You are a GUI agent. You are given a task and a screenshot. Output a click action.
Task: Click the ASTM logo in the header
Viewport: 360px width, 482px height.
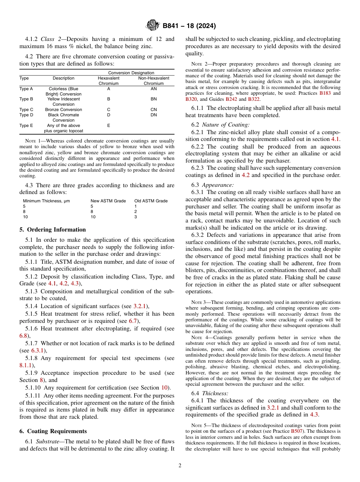pos(153,26)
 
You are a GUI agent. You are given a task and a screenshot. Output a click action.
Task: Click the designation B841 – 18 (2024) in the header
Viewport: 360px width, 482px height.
pos(189,26)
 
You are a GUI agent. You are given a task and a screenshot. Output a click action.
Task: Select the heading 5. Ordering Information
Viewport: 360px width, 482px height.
pos(53,230)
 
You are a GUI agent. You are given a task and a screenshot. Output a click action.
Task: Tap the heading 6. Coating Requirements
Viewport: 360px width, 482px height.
pos(53,431)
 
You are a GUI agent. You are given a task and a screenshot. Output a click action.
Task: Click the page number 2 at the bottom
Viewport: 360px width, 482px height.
pos(180,466)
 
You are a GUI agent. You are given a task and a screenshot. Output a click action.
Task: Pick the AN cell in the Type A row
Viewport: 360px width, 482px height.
pos(153,89)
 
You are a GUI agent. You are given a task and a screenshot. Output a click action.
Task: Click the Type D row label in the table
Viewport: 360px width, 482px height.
pos(26,115)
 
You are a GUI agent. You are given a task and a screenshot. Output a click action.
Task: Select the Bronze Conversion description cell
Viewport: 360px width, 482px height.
pos(63,110)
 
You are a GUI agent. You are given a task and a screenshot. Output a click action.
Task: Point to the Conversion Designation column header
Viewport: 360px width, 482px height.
pos(131,73)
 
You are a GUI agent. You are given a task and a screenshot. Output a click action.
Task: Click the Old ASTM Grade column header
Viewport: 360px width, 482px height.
pos(151,201)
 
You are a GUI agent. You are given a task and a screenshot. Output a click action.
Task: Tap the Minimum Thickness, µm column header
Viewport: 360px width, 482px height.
pos(46,201)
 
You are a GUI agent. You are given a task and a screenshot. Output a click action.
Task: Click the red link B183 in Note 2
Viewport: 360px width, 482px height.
pos(324,93)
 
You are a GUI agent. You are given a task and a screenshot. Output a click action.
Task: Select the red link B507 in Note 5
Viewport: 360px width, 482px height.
pos(296,431)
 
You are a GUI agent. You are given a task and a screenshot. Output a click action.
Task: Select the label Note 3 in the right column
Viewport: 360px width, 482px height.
pos(198,302)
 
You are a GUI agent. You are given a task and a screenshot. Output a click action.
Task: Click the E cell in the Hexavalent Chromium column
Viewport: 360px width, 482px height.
pos(108,125)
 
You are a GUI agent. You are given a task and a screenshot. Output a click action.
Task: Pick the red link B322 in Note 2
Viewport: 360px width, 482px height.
pos(254,99)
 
